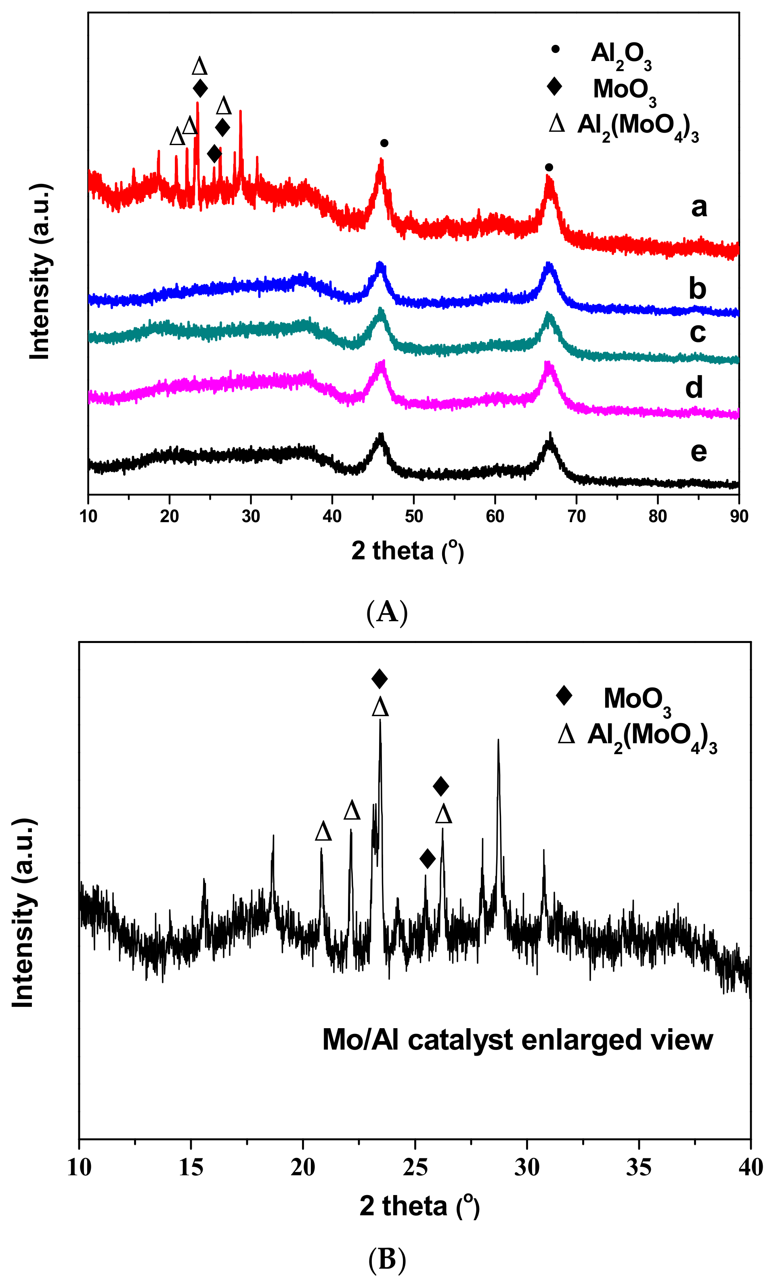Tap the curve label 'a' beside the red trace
click(699, 207)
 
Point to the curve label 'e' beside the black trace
click(698, 452)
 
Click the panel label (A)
click(387, 612)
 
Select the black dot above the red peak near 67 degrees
click(549, 167)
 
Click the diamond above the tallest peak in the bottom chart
click(380, 679)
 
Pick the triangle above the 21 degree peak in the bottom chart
click(323, 832)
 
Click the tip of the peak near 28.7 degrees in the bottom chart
click(498, 740)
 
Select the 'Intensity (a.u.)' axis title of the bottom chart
click(23, 912)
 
